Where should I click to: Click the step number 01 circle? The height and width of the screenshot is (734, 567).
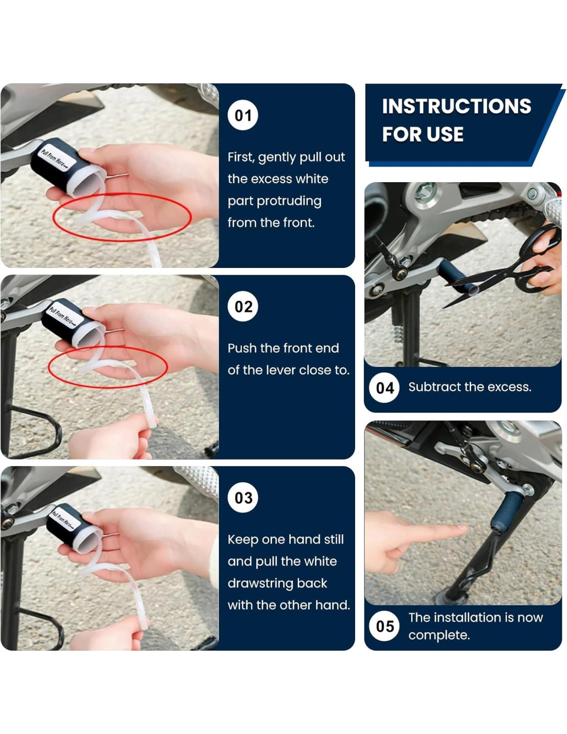tap(243, 115)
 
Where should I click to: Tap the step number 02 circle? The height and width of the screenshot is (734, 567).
tap(243, 307)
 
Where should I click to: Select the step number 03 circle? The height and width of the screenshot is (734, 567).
tap(243, 498)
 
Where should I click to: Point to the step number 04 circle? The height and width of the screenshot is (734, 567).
tap(385, 388)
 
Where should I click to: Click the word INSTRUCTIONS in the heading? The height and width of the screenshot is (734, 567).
tap(456, 106)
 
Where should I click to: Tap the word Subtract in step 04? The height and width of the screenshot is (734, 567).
tap(429, 387)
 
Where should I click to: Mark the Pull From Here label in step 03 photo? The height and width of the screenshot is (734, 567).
tap(64, 519)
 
